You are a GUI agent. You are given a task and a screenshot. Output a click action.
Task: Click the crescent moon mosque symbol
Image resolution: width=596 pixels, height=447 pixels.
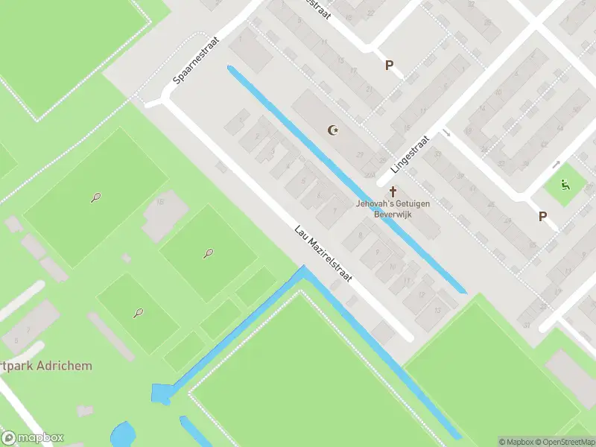[x=334, y=131]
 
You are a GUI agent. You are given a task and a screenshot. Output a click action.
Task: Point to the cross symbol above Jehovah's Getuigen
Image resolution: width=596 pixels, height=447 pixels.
[x=393, y=191]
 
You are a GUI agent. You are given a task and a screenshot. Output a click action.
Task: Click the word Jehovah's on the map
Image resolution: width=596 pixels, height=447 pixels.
[x=372, y=203]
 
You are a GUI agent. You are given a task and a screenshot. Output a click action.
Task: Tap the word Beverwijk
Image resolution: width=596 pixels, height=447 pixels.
[x=393, y=214]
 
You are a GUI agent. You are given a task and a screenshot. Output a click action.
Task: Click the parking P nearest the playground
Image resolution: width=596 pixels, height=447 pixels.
[x=542, y=217]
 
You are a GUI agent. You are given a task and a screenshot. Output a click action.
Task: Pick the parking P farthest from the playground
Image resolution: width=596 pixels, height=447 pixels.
[x=388, y=66]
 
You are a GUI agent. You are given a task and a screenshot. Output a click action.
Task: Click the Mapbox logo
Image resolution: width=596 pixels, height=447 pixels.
[x=33, y=438]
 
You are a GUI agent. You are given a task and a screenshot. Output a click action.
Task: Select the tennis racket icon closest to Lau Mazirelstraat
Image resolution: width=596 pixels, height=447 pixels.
[x=208, y=253]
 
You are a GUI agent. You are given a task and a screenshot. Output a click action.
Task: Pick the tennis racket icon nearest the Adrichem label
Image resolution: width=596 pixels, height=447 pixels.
[x=139, y=313]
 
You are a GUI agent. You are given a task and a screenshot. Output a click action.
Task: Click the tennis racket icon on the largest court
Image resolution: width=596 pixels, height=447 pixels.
[x=96, y=197]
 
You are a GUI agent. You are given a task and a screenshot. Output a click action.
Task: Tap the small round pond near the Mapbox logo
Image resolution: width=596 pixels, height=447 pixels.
[x=123, y=434]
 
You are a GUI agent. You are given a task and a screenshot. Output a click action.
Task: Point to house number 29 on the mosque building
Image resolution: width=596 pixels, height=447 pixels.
[x=361, y=154]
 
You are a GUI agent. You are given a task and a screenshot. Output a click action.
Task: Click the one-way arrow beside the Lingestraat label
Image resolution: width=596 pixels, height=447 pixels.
[x=446, y=133]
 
